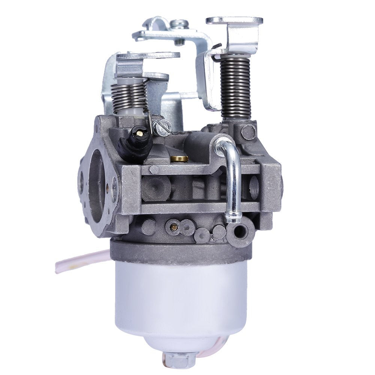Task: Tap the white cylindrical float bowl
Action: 180,296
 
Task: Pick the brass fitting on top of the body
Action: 179,158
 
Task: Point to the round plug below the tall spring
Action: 248,132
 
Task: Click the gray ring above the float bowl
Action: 180,249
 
